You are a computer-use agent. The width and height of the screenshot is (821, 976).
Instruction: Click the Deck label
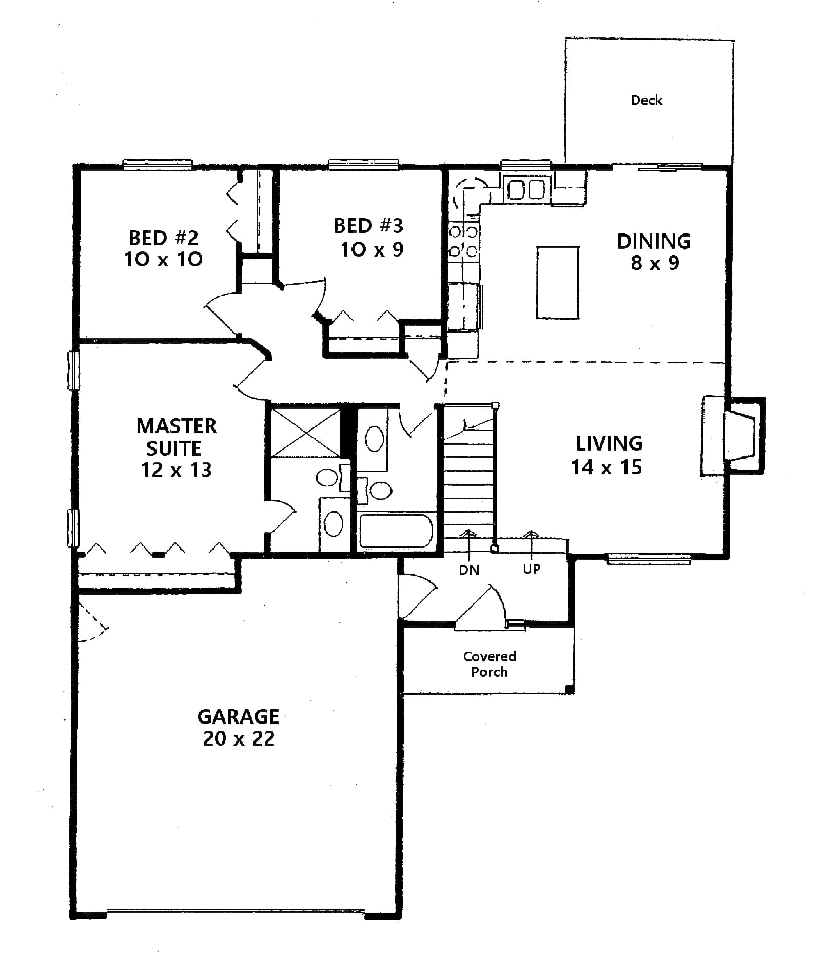(x=646, y=100)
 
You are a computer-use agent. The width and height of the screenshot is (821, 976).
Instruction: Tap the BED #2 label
(x=163, y=238)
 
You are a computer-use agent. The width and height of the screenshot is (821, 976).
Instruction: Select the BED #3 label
(x=368, y=226)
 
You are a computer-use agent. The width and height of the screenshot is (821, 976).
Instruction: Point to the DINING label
(x=654, y=241)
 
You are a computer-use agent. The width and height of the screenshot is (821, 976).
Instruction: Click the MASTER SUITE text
(x=176, y=437)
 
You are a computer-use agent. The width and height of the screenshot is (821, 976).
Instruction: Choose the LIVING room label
(x=609, y=443)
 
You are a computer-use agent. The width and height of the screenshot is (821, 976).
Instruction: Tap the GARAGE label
(x=239, y=716)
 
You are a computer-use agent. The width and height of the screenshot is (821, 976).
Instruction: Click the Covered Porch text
(x=490, y=664)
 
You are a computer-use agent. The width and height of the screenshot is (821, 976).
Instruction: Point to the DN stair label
(x=469, y=570)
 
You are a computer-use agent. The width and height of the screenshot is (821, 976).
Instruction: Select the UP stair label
(x=532, y=569)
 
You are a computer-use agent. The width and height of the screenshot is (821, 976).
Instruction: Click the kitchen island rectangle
(x=558, y=283)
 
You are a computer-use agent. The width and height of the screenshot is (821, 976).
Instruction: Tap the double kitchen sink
(x=526, y=189)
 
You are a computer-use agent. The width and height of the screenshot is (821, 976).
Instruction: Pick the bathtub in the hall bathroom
(x=396, y=531)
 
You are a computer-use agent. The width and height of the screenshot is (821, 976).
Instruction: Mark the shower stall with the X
(x=305, y=432)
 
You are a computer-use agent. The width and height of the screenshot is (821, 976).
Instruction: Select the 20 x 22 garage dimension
(x=239, y=738)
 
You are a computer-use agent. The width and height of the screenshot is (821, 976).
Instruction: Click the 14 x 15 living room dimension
(x=607, y=467)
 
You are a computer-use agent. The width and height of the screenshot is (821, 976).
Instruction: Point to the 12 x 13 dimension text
(x=176, y=470)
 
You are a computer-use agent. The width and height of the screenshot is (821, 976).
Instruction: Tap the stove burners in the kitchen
(x=463, y=241)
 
